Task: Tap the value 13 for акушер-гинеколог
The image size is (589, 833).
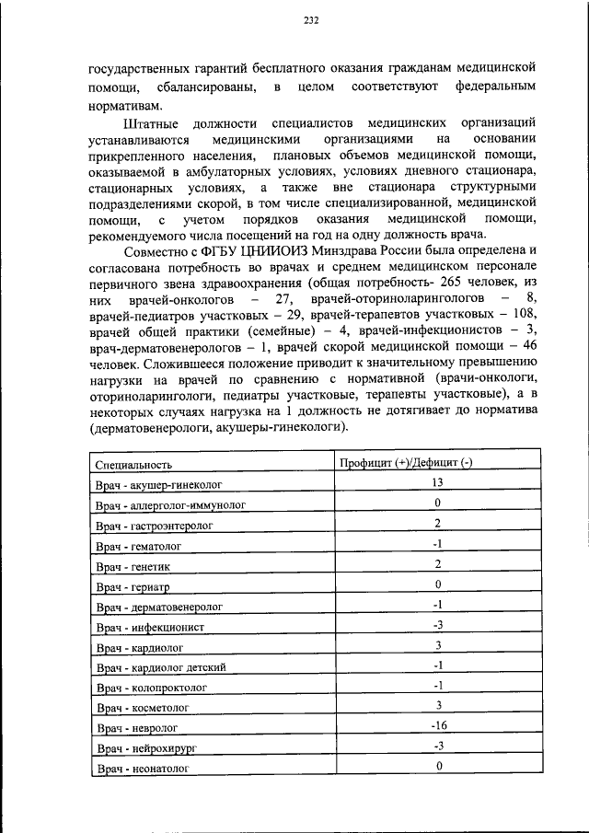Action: click(x=438, y=482)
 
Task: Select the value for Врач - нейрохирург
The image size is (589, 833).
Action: click(x=438, y=746)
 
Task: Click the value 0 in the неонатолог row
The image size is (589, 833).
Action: click(x=439, y=766)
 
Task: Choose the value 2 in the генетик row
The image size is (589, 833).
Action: click(x=439, y=563)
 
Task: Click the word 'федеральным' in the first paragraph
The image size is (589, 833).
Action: click(x=495, y=86)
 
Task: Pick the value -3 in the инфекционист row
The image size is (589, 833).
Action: click(x=438, y=624)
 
